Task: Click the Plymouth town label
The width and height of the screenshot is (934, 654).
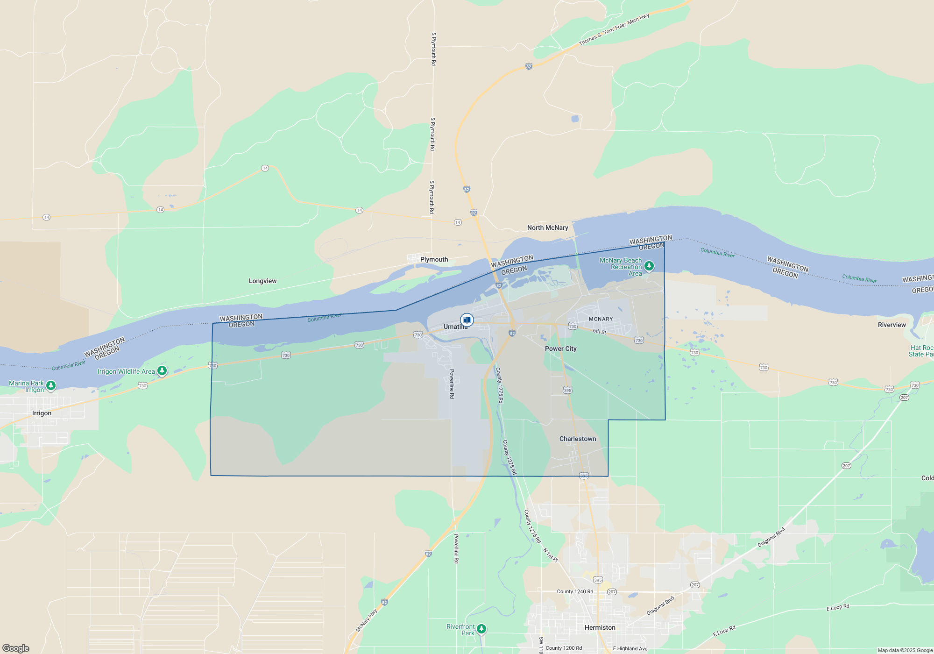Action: tap(434, 259)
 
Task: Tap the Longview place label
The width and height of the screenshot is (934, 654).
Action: tap(262, 281)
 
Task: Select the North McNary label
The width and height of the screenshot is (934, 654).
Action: tap(547, 227)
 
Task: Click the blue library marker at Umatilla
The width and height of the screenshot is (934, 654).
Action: tap(467, 320)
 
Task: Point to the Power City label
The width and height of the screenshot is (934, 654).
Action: tap(560, 348)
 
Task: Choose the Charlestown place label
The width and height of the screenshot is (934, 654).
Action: tap(578, 439)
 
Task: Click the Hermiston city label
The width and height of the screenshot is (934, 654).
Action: tap(600, 627)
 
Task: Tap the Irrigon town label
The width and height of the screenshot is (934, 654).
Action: tap(42, 413)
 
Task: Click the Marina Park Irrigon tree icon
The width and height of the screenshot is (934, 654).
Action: tap(51, 385)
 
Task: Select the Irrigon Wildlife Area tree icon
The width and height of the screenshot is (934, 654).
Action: tap(162, 371)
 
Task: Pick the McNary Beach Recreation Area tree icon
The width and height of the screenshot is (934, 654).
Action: tap(649, 266)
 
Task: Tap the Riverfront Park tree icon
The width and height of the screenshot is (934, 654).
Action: tap(481, 629)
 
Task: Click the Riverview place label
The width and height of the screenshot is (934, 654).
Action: tap(892, 325)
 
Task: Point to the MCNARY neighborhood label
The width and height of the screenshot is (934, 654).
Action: tap(601, 319)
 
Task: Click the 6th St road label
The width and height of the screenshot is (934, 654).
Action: tap(599, 332)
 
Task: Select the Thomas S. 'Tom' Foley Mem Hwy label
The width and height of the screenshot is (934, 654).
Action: tap(614, 29)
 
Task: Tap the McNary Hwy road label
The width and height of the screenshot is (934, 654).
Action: tap(366, 620)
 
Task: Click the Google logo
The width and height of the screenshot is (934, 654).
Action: tap(16, 648)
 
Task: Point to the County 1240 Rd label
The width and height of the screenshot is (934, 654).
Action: tap(575, 591)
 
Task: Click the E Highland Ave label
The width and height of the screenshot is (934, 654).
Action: tap(630, 648)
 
